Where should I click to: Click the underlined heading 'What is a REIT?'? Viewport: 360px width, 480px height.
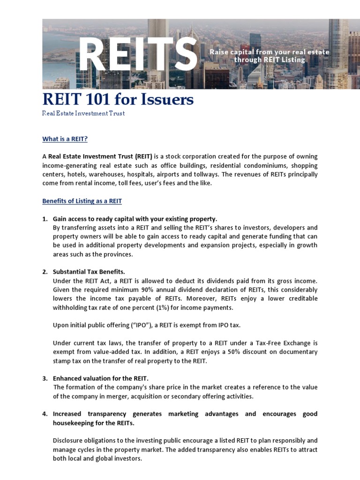point(65,139)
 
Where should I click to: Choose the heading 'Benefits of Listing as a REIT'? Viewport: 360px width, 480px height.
point(82,201)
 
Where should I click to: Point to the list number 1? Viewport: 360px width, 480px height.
point(45,219)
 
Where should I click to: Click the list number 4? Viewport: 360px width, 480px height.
point(45,414)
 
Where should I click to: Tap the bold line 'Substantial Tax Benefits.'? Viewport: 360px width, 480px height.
point(89,272)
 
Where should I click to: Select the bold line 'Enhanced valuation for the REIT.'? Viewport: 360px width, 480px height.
point(100,378)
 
